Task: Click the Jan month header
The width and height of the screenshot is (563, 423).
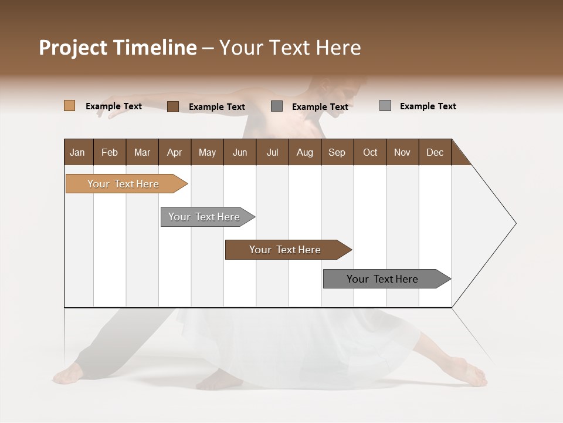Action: tap(78, 152)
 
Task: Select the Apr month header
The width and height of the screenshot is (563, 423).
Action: tap(174, 152)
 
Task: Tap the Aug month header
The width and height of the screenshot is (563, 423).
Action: tap(304, 152)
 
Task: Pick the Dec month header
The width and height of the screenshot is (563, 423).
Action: tap(435, 152)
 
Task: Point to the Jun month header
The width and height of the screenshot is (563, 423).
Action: tap(239, 152)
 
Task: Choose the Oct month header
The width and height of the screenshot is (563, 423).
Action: tap(369, 152)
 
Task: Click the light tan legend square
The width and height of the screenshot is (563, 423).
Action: tap(70, 106)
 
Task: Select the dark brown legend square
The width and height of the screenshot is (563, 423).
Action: tap(173, 106)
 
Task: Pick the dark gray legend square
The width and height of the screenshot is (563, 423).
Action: tap(277, 106)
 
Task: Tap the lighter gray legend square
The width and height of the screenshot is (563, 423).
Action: tap(385, 106)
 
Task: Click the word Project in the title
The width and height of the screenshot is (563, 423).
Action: tap(73, 48)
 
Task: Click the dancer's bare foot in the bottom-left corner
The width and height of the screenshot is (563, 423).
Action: tap(69, 374)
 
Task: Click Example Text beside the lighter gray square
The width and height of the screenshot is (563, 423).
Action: tap(428, 106)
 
